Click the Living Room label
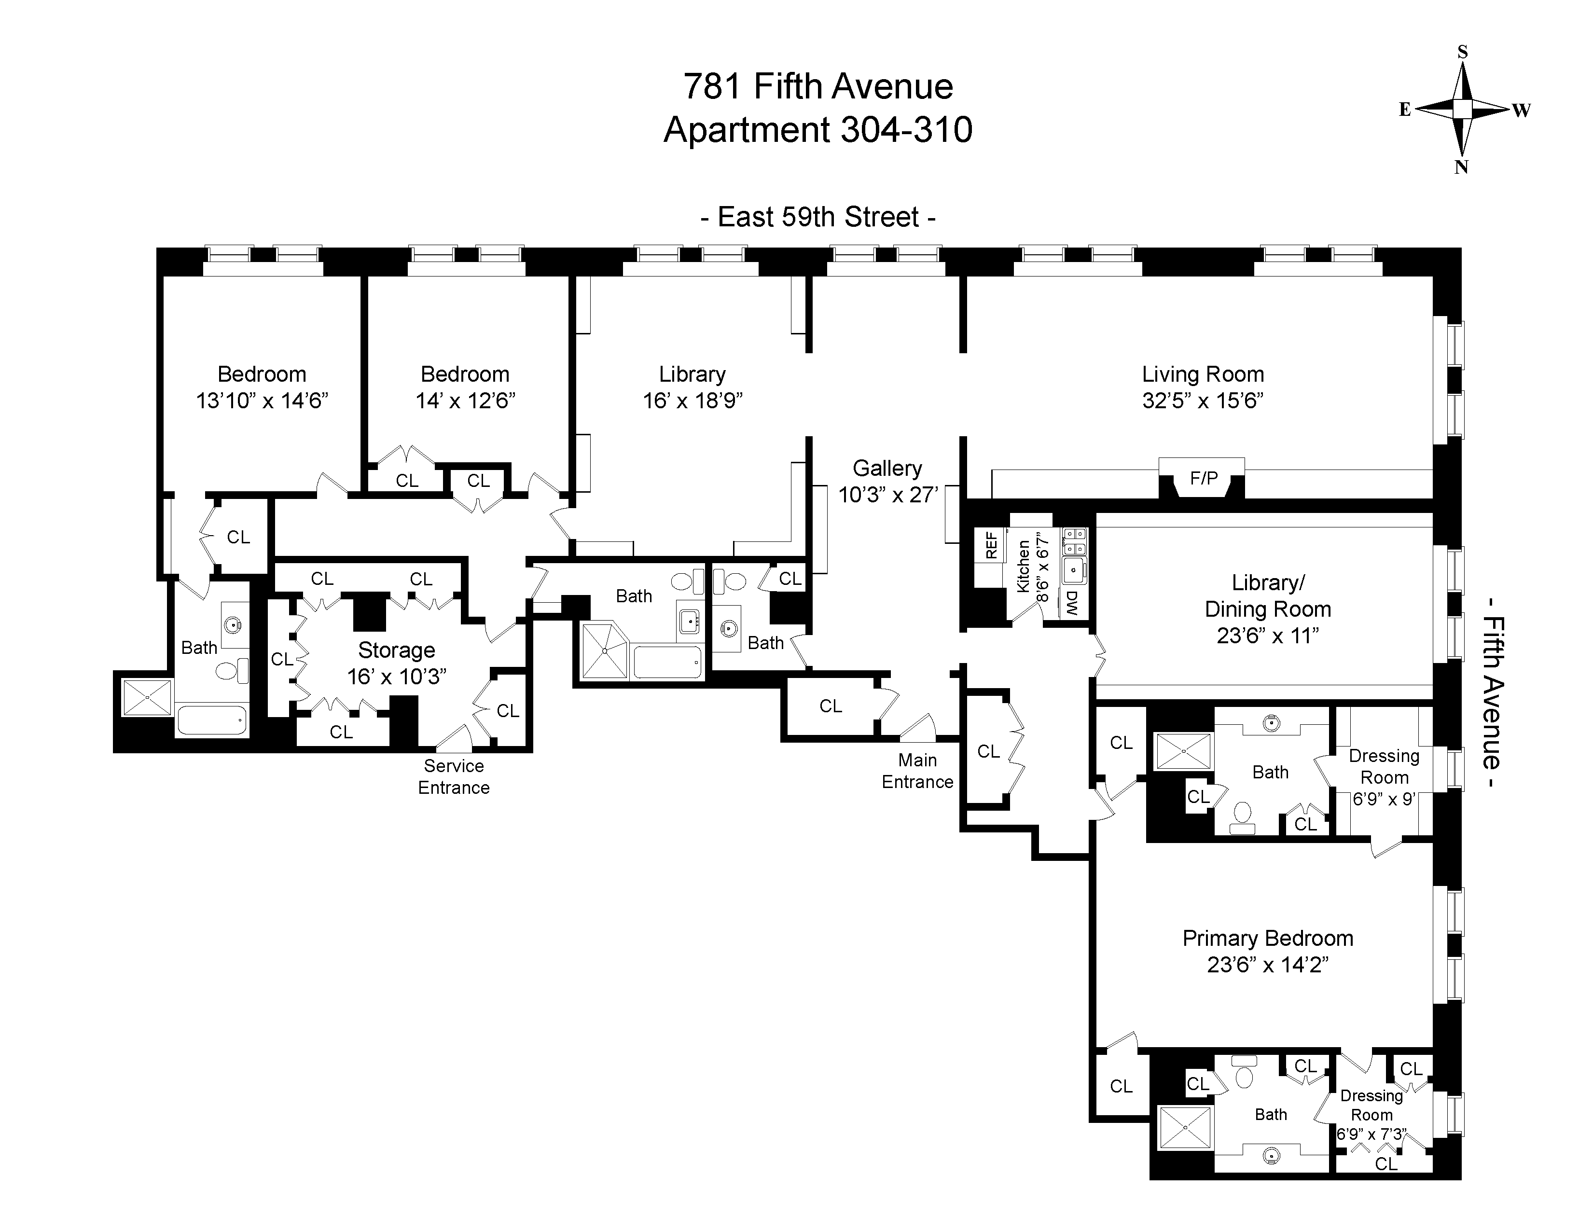click(1203, 375)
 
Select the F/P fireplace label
click(1204, 478)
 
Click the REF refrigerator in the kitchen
click(991, 545)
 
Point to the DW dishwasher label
click(1071, 604)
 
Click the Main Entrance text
click(917, 771)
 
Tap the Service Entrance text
click(454, 776)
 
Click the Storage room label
click(397, 650)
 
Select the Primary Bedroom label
click(1268, 939)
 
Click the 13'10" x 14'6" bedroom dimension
click(262, 401)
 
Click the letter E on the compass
click(1405, 110)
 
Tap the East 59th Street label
click(817, 217)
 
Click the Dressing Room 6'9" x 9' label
click(1384, 777)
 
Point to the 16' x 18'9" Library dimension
click(692, 401)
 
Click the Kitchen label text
click(1024, 566)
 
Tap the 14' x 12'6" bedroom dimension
click(465, 401)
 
